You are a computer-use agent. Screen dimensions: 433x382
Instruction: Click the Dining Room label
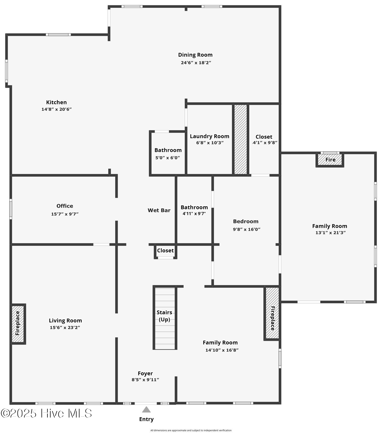(x=195, y=55)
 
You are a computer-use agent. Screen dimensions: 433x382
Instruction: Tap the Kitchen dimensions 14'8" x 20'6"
(x=56, y=109)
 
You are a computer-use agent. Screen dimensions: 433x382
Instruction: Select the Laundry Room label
(x=209, y=136)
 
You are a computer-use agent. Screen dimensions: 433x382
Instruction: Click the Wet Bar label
(x=159, y=210)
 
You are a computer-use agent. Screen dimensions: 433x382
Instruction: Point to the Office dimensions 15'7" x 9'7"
(x=65, y=214)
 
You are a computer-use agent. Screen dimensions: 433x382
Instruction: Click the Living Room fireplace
(x=18, y=324)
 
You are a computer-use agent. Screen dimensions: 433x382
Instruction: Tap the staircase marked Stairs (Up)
(x=165, y=318)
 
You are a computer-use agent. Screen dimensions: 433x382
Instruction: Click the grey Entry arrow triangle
(x=146, y=410)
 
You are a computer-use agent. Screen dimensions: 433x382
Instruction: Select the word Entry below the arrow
(x=146, y=419)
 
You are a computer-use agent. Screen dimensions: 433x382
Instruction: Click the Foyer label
(x=145, y=374)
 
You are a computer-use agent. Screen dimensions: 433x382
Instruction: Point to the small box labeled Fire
(x=330, y=160)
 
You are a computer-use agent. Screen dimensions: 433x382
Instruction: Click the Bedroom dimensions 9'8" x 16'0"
(x=246, y=229)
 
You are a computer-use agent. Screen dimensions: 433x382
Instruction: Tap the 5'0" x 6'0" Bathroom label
(x=168, y=150)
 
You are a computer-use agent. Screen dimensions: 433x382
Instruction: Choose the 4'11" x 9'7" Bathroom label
(x=194, y=207)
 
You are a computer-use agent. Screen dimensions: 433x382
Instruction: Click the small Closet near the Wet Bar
(x=165, y=251)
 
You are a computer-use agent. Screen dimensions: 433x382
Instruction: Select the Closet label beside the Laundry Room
(x=264, y=137)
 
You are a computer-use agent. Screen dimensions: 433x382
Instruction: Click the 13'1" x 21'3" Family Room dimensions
(x=330, y=233)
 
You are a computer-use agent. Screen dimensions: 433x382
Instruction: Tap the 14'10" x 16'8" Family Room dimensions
(x=222, y=350)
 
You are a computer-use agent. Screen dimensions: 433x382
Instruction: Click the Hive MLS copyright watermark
(x=46, y=414)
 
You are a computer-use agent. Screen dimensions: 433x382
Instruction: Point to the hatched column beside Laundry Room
(x=241, y=139)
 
